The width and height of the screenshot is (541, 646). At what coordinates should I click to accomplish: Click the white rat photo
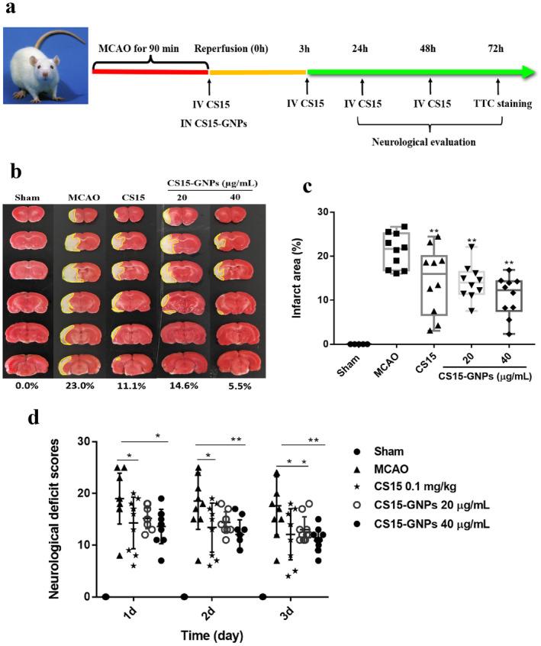tap(43, 63)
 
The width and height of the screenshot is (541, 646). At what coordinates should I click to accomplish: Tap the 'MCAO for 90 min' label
tap(139, 49)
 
